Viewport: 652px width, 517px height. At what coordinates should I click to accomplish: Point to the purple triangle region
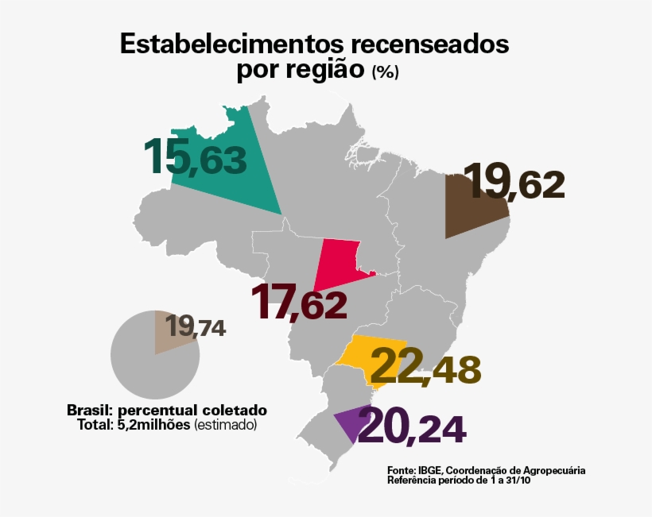347,423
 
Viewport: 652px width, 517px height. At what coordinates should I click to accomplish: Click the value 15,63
196,156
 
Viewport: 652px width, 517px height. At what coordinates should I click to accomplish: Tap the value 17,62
299,302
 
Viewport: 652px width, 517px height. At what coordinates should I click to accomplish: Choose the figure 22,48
425,366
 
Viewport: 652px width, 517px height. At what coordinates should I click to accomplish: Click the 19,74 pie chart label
196,326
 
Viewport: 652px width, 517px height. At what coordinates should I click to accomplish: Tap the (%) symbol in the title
385,71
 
